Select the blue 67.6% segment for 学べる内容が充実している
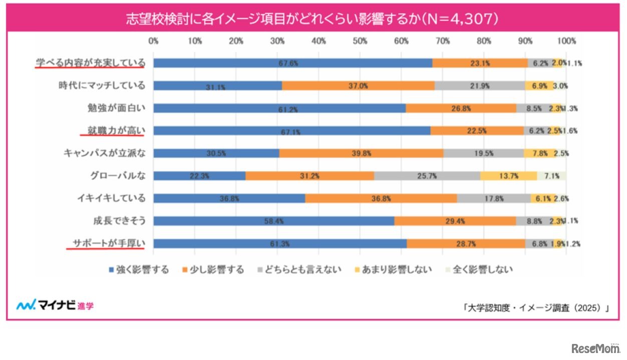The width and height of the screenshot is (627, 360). coord(292,63)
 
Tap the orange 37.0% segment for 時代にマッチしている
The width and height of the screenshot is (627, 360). coord(358,86)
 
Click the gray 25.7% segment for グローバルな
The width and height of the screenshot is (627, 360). coord(427,176)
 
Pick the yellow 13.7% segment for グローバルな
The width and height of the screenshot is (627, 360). coord(508,176)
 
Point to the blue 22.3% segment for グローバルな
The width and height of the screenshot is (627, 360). coord(199,176)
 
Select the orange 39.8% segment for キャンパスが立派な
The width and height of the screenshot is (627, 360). coord(361,153)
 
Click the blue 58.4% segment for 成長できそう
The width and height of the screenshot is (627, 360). coord(273,221)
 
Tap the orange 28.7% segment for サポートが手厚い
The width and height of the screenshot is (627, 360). coord(466,243)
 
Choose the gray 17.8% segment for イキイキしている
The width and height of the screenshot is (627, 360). coord(493,198)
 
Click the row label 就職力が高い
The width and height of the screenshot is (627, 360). coord(113,130)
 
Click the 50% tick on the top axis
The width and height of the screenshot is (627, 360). coord(360,42)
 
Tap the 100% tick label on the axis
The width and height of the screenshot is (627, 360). coord(566,42)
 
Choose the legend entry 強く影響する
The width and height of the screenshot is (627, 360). coord(138,270)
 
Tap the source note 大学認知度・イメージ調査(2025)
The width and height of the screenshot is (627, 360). coord(536,308)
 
